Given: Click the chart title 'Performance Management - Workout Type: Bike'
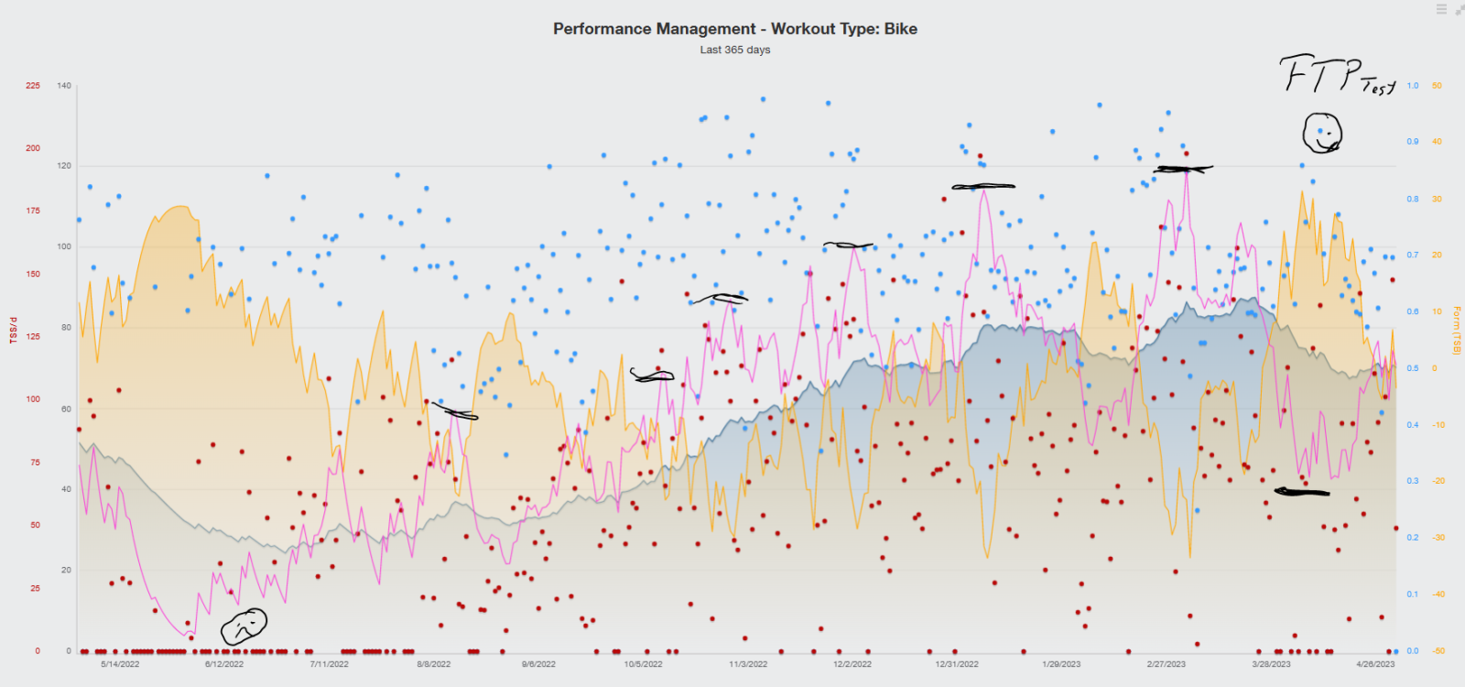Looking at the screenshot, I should (x=734, y=29).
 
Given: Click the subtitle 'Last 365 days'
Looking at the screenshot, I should (x=734, y=50).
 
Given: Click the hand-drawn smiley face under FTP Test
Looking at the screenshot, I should (x=1322, y=134).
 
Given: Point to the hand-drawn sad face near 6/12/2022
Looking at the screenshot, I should (x=244, y=627).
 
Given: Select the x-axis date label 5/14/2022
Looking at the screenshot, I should (x=120, y=664).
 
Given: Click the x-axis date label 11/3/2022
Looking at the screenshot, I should (x=748, y=664).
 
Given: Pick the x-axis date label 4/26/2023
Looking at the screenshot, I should (x=1375, y=664).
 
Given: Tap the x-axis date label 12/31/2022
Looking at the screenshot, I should (x=957, y=664).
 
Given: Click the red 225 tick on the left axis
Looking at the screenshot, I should (x=33, y=86).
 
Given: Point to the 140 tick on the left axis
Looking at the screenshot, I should (x=64, y=86).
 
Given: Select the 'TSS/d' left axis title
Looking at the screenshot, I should (x=14, y=331).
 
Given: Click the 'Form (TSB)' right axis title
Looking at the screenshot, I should (x=1457, y=331).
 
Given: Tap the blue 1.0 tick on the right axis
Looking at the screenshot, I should (x=1413, y=86).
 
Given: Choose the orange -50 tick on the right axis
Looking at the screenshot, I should (x=1438, y=651).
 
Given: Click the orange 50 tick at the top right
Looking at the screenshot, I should (x=1437, y=86).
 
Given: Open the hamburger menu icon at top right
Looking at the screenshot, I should (x=1441, y=9).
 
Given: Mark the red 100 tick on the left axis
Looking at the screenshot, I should (x=33, y=399).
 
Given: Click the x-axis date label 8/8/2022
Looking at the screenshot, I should (x=434, y=664).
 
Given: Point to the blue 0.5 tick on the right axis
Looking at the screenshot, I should (x=1413, y=369).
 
